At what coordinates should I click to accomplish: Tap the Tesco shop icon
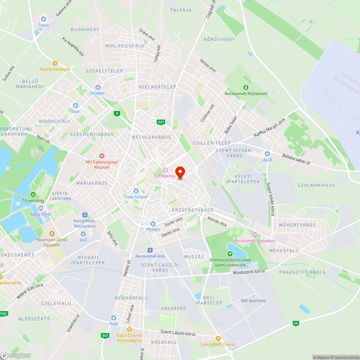pos(44,19)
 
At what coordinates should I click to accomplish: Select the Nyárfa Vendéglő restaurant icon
pos(55,63)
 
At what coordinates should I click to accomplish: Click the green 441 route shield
pos(161,122)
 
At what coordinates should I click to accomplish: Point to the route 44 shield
pos(296,323)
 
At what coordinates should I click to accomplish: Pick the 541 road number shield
pos(105,336)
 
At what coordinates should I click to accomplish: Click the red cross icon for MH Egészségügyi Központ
pos(102,156)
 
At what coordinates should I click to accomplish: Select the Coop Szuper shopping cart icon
pos(136,191)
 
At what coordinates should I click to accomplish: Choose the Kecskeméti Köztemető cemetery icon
pos(246,87)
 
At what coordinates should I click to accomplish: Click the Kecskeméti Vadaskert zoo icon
pos(255,235)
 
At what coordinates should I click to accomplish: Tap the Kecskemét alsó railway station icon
pos(150,250)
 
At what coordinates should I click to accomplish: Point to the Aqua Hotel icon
pos(40,208)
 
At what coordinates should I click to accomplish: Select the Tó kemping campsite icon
pos(33,194)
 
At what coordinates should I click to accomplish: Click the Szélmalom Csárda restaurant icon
pos(218,338)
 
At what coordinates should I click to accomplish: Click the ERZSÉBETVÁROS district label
pos(193,210)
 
